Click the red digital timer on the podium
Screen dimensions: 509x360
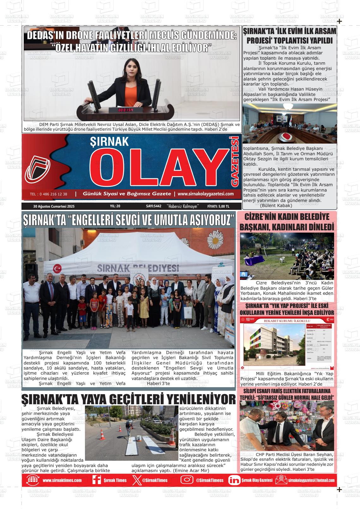coord(125,110)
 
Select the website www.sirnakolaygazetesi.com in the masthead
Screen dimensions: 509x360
coord(206,194)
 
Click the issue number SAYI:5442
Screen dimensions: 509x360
coord(154,206)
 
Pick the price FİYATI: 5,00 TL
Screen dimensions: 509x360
coord(218,206)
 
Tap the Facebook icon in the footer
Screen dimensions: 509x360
coord(96,480)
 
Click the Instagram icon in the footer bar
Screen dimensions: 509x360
coord(187,480)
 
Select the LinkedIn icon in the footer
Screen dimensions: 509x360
coord(234,480)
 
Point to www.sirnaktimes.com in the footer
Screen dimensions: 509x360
coord(62,480)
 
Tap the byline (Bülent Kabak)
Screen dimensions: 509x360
coord(276,205)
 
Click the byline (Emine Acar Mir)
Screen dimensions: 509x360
coord(191,471)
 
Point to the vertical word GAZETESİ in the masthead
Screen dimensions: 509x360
coord(235,161)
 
